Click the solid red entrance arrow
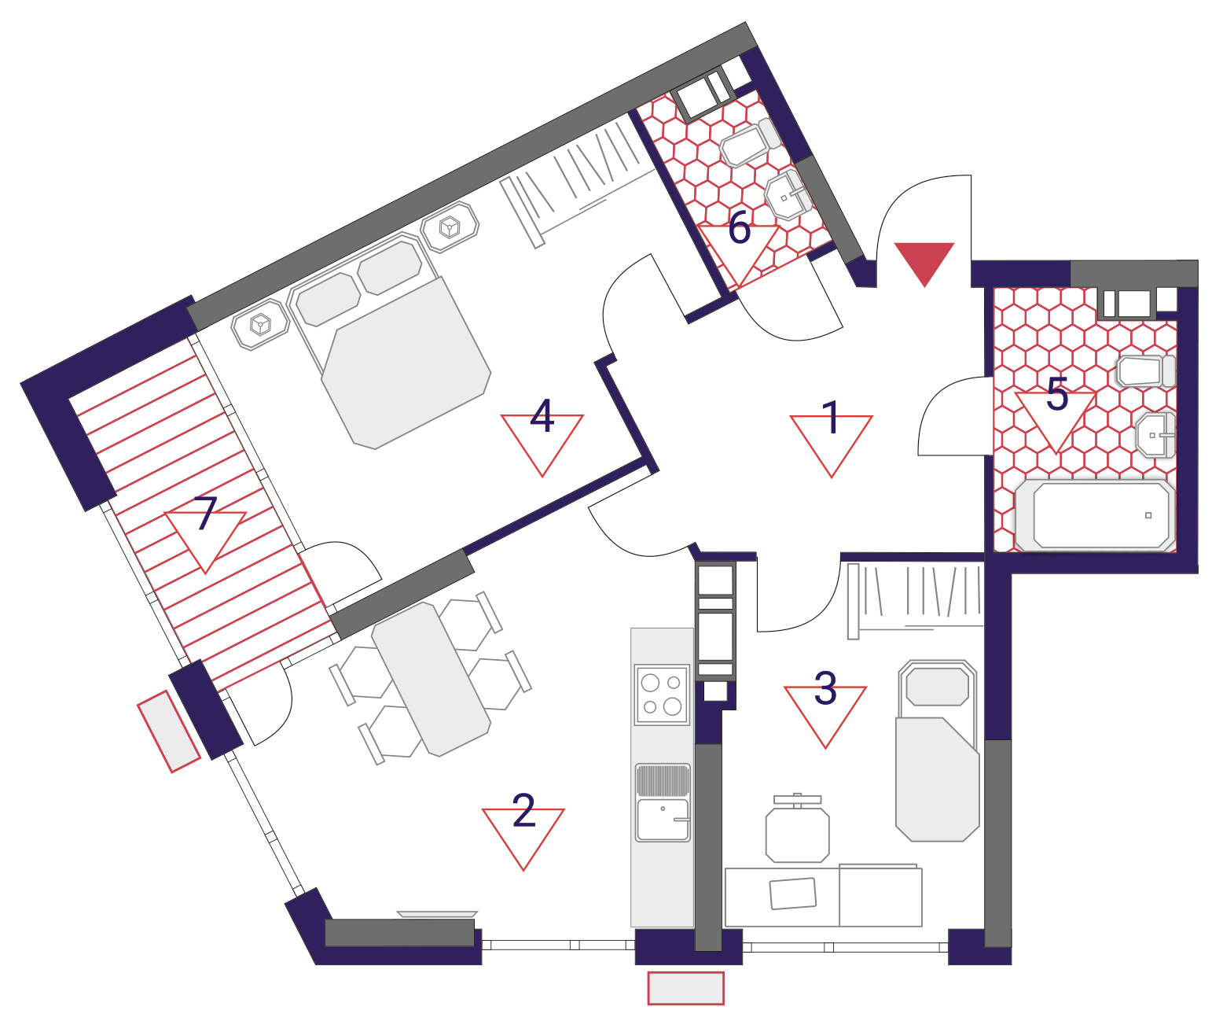pyautogui.click(x=924, y=261)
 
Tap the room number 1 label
pyautogui.click(x=831, y=418)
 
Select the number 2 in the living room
pyautogui.click(x=523, y=811)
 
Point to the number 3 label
pyautogui.click(x=825, y=688)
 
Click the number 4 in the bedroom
pyautogui.click(x=542, y=416)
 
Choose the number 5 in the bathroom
pyautogui.click(x=1057, y=394)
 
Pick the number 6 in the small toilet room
pyautogui.click(x=739, y=227)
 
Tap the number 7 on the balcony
pyautogui.click(x=206, y=514)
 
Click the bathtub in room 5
pyautogui.click(x=1094, y=516)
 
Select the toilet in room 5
pyautogui.click(x=1146, y=370)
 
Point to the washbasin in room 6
pyautogui.click(x=788, y=194)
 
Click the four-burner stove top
pyautogui.click(x=661, y=695)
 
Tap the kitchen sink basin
pyautogui.click(x=663, y=820)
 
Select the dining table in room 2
pyautogui.click(x=431, y=679)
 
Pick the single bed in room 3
pyautogui.click(x=937, y=750)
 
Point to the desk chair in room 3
pyautogui.click(x=797, y=829)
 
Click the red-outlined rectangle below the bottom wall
pyautogui.click(x=686, y=988)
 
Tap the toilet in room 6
pyautogui.click(x=750, y=142)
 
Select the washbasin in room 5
pyautogui.click(x=1155, y=435)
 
